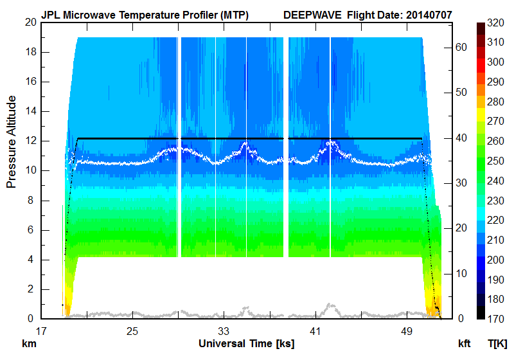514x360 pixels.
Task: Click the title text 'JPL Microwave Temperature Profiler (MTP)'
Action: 145,14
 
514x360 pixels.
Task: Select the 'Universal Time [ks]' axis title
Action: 247,344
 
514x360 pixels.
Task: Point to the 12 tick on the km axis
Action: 29,141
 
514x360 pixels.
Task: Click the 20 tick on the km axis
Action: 29,22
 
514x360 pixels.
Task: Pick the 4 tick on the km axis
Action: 31,260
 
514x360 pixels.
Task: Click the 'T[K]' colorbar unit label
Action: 497,344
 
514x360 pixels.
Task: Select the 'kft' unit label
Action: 464,344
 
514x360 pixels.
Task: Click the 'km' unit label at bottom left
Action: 29,344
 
